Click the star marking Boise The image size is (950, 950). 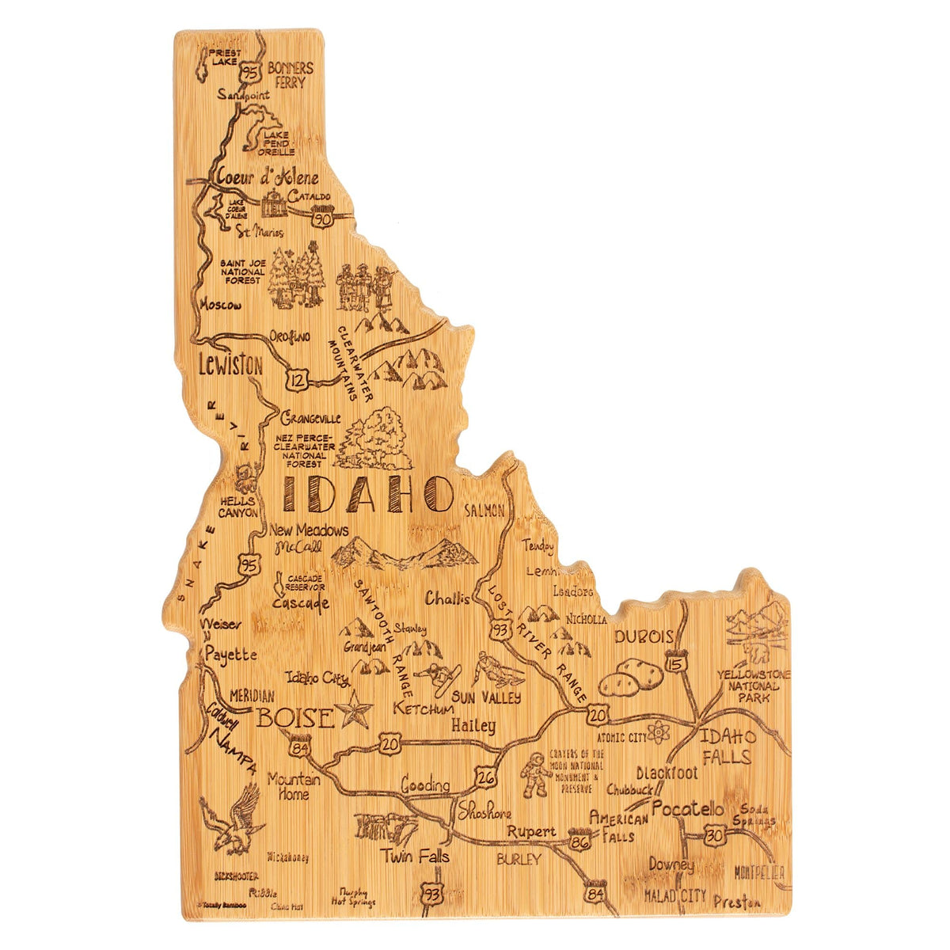click(354, 710)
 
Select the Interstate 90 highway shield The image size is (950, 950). click(321, 215)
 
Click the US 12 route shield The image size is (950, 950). click(298, 379)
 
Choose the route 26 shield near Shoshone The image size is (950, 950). click(486, 779)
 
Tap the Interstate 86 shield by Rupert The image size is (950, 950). click(579, 842)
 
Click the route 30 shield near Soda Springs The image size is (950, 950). click(715, 834)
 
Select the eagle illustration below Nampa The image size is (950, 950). click(234, 819)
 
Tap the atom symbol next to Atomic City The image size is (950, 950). click(659, 734)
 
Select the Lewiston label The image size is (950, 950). click(230, 366)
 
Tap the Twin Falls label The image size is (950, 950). click(414, 857)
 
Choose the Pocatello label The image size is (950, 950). click(688, 810)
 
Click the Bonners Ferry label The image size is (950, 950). click(291, 74)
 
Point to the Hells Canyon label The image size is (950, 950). click(238, 507)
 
